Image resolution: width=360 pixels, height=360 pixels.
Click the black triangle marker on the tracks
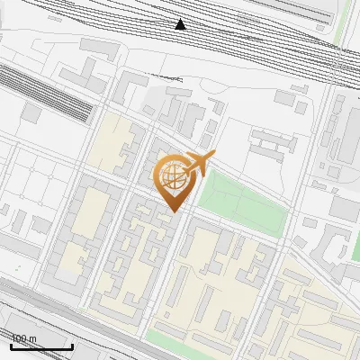(181, 24)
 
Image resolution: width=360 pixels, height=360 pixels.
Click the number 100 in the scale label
(19, 338)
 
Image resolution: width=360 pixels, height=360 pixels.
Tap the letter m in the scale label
(32, 338)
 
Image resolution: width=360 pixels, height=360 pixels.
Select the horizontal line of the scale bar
(41, 347)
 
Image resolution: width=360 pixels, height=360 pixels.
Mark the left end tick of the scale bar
(11, 346)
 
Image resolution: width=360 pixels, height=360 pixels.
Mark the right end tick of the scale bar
(72, 346)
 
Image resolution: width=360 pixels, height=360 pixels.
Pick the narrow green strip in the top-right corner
(342, 22)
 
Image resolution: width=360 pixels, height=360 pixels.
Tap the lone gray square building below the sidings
(32, 113)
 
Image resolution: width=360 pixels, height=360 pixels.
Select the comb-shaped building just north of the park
(273, 141)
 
